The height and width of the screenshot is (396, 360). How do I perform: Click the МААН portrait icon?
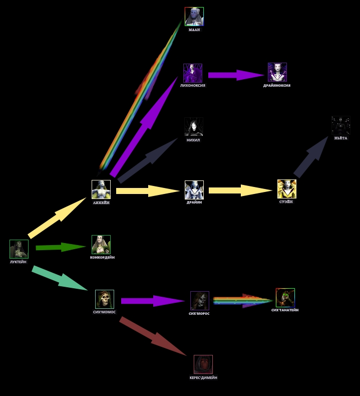pos(194,17)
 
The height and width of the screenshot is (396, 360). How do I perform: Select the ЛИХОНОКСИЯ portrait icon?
pos(193,73)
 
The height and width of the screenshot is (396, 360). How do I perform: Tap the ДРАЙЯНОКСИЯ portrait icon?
pos(277,72)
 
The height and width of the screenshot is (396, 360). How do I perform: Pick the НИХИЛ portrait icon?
pos(193,127)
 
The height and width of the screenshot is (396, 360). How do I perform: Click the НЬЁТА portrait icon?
pos(340,126)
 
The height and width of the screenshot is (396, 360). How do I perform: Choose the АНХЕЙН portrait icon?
pos(101,189)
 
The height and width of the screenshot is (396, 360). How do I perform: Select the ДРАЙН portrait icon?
pos(194,190)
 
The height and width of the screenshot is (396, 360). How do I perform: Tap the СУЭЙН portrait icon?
pos(287,189)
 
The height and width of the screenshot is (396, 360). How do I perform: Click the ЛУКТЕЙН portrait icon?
pos(19,249)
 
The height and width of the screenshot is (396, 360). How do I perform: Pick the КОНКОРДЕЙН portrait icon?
pos(101,245)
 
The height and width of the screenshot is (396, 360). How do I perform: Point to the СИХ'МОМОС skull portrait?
pos(105,299)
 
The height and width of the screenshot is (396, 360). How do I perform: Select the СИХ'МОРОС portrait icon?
pos(200,301)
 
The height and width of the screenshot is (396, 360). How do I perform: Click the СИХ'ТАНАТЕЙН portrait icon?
pos(285,298)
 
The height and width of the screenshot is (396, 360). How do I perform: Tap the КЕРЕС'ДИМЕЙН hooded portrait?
pos(203,364)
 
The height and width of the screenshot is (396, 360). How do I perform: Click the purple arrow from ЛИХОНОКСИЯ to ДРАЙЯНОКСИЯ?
pos(235,75)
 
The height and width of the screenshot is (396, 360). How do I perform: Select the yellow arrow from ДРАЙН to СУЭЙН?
pos(240,190)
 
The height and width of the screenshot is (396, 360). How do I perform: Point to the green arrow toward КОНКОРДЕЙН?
pos(61,247)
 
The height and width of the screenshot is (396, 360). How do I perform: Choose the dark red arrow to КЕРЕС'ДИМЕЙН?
pos(153,336)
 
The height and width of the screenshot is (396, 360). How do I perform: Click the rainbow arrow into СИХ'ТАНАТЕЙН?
pos(243,301)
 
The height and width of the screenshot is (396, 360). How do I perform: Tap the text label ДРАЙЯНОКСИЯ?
pos(277,86)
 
